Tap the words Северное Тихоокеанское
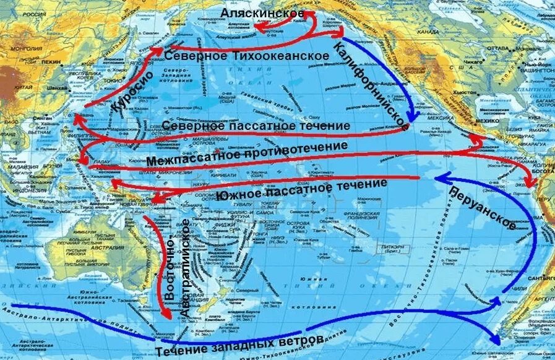[x=246, y=56]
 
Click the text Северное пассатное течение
[x=256, y=126]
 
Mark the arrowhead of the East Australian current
[x=165, y=316]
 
